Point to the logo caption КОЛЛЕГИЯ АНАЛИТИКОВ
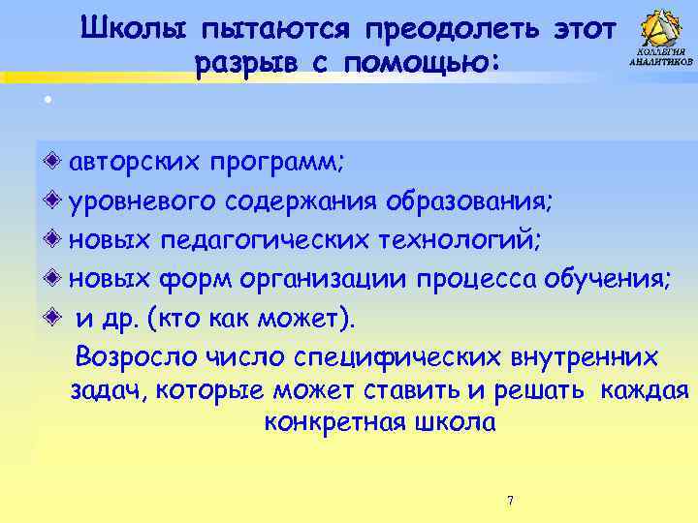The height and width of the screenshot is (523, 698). click(661, 55)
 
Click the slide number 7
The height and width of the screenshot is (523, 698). click(510, 501)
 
